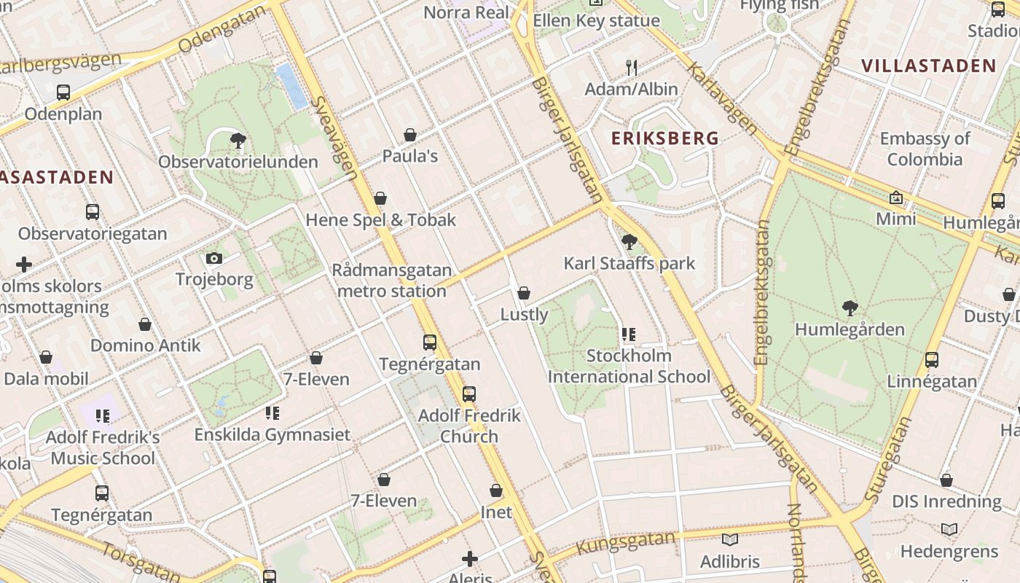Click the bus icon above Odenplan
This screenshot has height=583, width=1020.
click(x=63, y=93)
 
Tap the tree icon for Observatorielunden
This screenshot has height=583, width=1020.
click(x=238, y=140)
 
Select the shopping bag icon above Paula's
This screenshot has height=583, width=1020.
click(x=410, y=135)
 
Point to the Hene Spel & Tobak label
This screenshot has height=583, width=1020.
click(x=380, y=220)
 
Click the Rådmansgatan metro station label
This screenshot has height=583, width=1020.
click(x=392, y=281)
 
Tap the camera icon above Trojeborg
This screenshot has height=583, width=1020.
click(x=213, y=258)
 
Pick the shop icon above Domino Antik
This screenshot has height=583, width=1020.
click(x=145, y=324)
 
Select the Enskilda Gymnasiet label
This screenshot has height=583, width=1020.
click(x=272, y=434)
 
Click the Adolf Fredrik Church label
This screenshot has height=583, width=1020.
click(x=469, y=426)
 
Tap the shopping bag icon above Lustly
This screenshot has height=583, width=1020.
click(x=523, y=293)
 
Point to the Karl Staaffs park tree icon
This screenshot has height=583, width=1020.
click(x=629, y=242)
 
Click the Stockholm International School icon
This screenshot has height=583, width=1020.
click(x=628, y=334)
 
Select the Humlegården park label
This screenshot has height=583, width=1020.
click(x=850, y=329)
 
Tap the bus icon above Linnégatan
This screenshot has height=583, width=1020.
click(x=931, y=359)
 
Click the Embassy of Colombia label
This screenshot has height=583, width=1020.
click(x=925, y=149)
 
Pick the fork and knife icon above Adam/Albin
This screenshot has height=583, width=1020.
click(x=632, y=68)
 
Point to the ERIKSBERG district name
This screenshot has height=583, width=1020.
click(x=664, y=138)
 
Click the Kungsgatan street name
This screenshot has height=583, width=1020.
click(x=616, y=542)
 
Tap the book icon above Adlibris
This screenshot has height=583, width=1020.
click(x=729, y=540)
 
